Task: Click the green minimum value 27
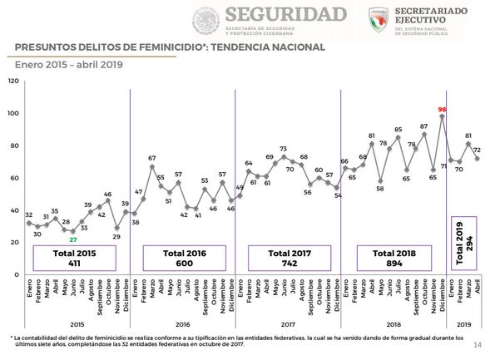tap(72, 239)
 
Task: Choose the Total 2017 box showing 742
tap(285, 257)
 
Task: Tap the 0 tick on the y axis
tap(16, 274)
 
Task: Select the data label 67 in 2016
tap(152, 158)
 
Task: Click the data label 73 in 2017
tap(283, 149)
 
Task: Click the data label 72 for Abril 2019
tap(478, 150)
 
